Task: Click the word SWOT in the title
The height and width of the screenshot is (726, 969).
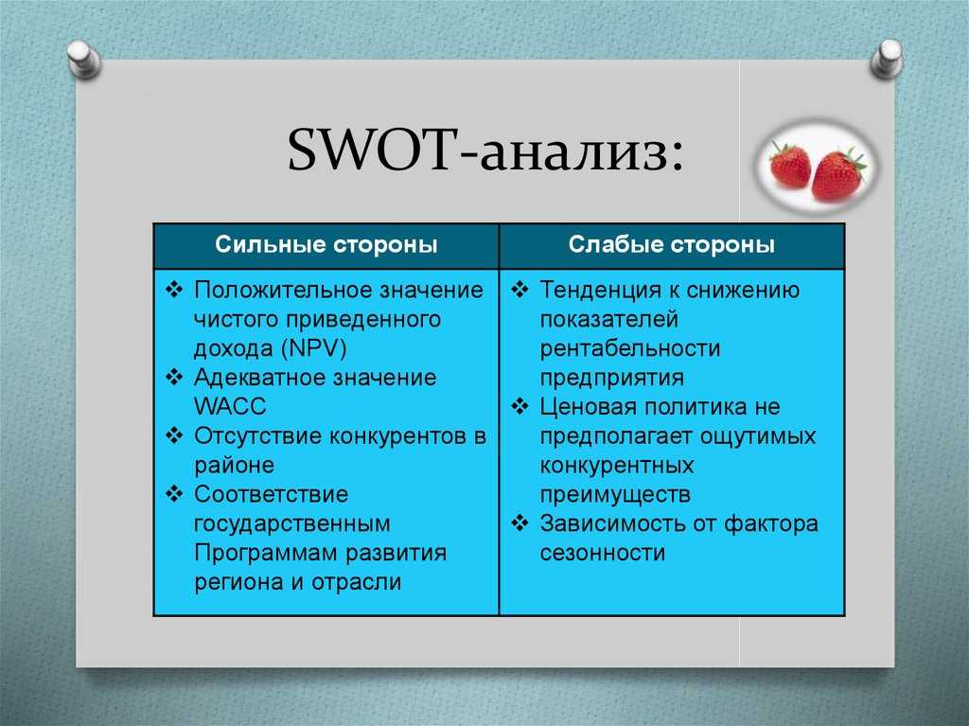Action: click(370, 150)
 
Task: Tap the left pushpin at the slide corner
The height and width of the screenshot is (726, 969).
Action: click(83, 59)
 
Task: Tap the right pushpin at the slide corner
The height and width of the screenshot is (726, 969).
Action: click(887, 59)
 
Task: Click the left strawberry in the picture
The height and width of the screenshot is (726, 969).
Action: click(790, 164)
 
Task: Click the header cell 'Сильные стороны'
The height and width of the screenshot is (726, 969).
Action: click(326, 245)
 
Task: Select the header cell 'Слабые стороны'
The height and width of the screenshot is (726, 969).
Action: click(672, 245)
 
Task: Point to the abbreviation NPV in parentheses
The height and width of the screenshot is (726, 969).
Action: click(313, 348)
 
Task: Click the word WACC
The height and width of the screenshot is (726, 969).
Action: click(230, 406)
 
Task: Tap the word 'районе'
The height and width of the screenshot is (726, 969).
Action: click(235, 465)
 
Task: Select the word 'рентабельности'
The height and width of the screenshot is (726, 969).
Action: click(630, 348)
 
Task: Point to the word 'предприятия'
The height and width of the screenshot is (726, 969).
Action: click(612, 378)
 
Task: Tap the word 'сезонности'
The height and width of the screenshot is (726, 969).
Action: click(603, 553)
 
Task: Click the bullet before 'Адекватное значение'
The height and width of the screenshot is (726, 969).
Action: click(175, 378)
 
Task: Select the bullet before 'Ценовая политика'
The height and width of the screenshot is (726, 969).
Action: click(520, 406)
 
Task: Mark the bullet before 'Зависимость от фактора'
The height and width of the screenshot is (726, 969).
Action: click(520, 523)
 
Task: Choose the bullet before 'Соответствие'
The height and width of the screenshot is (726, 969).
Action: click(175, 494)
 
